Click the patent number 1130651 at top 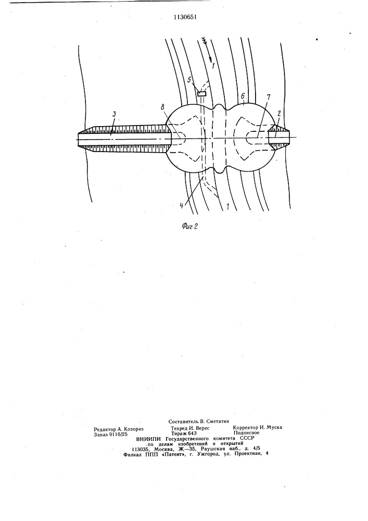[185, 17]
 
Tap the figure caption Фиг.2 [190, 227]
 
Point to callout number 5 [189, 80]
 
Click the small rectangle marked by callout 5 [201, 94]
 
